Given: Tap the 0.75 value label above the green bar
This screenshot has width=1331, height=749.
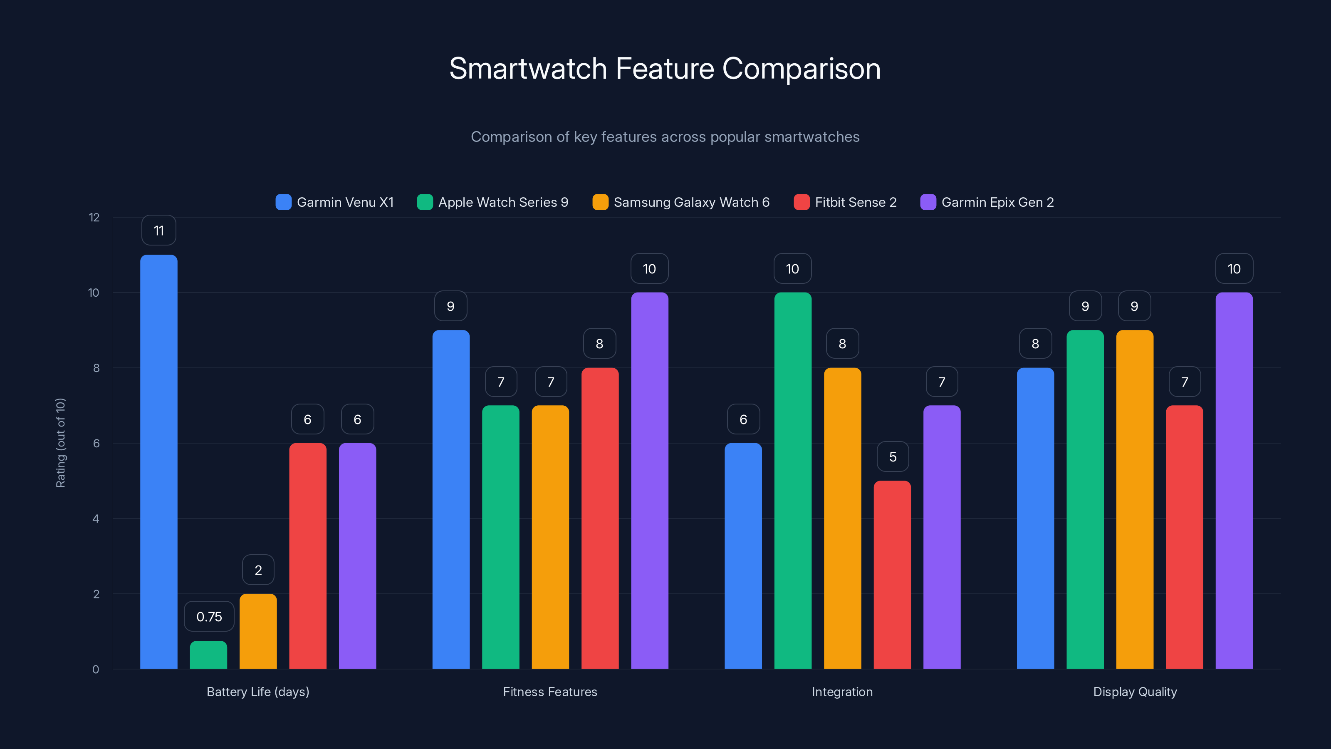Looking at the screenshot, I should (x=209, y=616).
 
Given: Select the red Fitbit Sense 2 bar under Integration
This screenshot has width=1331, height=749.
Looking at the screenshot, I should (x=892, y=574).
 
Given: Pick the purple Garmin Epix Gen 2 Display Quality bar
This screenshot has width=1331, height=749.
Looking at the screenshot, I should (x=1233, y=480).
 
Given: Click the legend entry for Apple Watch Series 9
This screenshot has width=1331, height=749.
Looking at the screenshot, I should (x=493, y=202).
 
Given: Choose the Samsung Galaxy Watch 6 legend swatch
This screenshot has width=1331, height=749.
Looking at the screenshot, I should (x=600, y=202).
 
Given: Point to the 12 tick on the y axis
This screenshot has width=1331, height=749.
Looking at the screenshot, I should (x=94, y=217).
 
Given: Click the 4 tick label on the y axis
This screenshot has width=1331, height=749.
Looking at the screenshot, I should (x=96, y=518).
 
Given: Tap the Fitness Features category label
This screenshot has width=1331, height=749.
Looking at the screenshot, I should (x=550, y=692).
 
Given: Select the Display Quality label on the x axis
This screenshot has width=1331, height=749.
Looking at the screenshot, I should (x=1135, y=692).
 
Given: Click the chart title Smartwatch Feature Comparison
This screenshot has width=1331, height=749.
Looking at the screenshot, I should (x=665, y=69).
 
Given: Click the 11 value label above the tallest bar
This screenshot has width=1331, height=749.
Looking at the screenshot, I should (x=158, y=231).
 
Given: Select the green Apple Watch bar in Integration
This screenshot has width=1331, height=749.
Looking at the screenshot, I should (x=793, y=480).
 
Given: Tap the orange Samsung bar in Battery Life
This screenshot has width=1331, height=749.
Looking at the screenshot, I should (x=258, y=631).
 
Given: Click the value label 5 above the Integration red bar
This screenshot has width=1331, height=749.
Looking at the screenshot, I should (x=892, y=456).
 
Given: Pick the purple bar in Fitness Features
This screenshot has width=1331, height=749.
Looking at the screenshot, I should (x=649, y=480).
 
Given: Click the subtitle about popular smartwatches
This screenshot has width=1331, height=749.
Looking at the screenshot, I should (x=665, y=137).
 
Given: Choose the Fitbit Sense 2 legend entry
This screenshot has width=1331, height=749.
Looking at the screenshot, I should (x=845, y=202).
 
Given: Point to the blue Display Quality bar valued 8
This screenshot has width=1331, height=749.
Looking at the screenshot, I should (x=1035, y=518).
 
